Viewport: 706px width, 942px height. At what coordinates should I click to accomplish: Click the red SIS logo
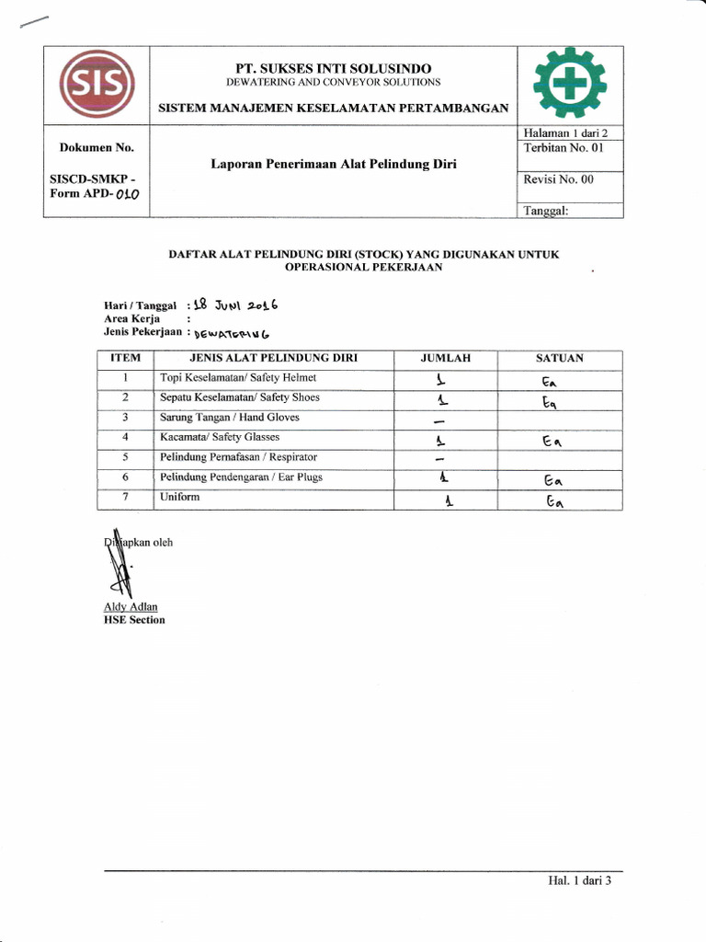97,86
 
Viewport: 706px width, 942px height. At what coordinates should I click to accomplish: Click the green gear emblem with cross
571,85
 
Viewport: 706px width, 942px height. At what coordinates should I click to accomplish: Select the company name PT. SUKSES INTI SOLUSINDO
333,68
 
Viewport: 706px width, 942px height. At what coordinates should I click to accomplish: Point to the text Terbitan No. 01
563,148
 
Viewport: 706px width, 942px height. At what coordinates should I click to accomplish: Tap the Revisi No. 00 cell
559,179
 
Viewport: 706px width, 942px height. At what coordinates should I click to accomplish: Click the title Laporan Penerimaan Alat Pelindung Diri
334,165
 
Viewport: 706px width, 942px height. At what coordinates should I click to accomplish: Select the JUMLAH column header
445,359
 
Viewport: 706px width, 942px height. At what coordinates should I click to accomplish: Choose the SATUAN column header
560,359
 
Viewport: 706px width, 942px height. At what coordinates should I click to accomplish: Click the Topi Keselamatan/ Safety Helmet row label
238,378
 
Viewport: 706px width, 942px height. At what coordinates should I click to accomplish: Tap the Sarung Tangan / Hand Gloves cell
230,418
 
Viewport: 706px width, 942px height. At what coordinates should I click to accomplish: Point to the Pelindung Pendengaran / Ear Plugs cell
241,477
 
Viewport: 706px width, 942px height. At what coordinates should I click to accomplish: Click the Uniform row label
179,497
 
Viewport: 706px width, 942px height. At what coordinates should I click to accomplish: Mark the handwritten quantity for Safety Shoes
442,399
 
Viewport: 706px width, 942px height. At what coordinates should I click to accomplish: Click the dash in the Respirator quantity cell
440,459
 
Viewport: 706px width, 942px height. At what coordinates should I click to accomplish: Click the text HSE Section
134,620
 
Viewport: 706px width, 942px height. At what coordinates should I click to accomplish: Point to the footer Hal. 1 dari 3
579,880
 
